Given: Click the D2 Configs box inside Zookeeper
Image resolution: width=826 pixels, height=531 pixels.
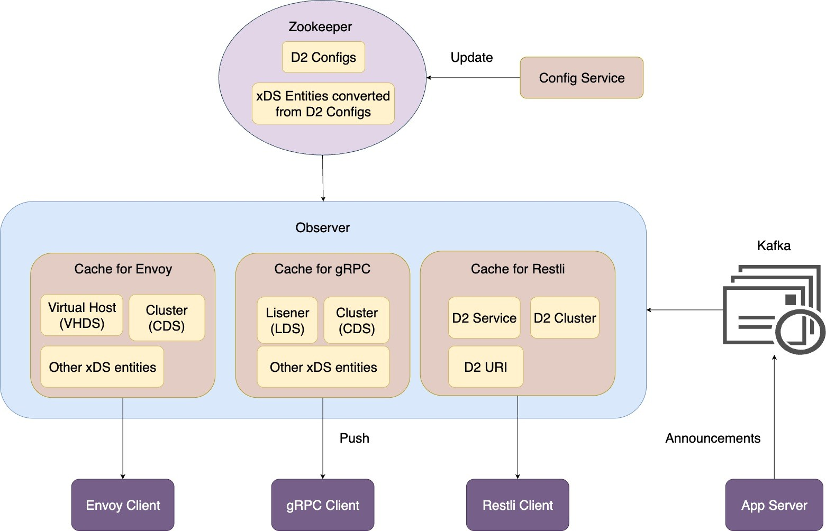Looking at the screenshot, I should click(x=323, y=57).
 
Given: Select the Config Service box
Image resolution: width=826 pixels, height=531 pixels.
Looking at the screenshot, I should click(x=581, y=78).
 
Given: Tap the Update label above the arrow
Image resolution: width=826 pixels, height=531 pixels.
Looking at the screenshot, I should click(x=471, y=58).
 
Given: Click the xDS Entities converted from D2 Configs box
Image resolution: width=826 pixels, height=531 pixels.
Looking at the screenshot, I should click(x=323, y=104).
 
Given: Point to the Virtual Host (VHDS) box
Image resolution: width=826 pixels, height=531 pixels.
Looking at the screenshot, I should click(x=82, y=315).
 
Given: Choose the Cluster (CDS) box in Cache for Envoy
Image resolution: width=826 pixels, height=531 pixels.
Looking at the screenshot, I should click(x=167, y=318).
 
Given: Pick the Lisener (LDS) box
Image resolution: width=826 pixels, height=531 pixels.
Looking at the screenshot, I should click(x=287, y=321).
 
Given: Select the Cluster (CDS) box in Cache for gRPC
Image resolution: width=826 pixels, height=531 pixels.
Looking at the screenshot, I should click(x=357, y=321).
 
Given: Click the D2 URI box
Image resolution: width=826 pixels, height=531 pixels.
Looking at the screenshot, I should click(x=485, y=367).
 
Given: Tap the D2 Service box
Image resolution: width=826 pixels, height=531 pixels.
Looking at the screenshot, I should click(x=484, y=318).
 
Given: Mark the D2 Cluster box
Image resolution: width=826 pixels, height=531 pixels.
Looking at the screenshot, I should click(x=565, y=318).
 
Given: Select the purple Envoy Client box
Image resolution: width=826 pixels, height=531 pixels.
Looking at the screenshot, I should click(x=123, y=505).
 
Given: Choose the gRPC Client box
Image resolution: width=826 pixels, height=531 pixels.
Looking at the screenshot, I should click(x=323, y=505).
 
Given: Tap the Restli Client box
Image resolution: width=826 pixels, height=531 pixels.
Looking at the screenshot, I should click(x=518, y=505).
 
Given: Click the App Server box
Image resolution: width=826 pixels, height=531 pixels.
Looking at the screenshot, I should click(x=774, y=505).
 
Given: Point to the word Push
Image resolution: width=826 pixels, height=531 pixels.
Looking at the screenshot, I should click(x=354, y=438).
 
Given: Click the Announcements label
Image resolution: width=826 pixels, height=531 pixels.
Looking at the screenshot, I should click(x=712, y=438).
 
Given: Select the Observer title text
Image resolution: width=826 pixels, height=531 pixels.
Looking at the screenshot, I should click(x=322, y=227).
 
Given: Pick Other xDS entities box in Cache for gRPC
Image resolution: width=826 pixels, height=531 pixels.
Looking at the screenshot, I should click(x=323, y=367).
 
